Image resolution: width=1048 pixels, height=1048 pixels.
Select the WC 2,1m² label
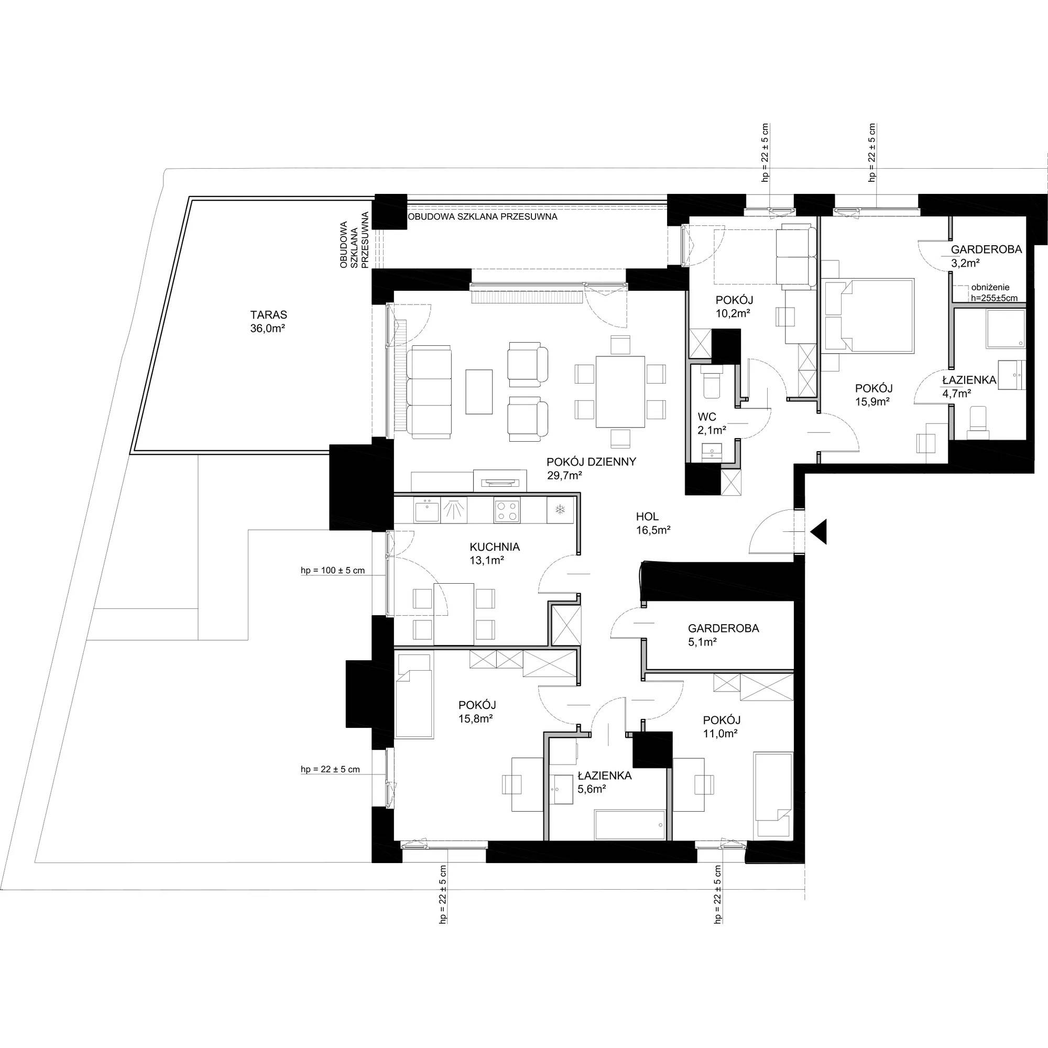click(x=712, y=423)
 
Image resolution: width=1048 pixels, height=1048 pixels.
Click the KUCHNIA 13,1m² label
click(x=495, y=554)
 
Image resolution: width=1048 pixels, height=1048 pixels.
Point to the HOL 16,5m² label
click(x=653, y=524)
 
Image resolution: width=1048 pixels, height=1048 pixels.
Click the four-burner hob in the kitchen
click(x=507, y=510)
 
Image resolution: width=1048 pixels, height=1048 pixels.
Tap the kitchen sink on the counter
click(x=427, y=510)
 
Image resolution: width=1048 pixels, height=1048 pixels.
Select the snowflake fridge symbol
click(x=560, y=510)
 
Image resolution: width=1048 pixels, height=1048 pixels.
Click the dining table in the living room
click(x=620, y=391)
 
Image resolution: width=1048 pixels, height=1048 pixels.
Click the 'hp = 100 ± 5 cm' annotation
click(x=333, y=571)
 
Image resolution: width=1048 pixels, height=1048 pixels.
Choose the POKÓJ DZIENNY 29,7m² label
click(x=591, y=468)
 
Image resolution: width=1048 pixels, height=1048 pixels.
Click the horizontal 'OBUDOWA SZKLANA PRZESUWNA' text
click(x=483, y=216)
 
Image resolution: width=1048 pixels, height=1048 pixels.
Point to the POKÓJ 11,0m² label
click(x=722, y=727)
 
